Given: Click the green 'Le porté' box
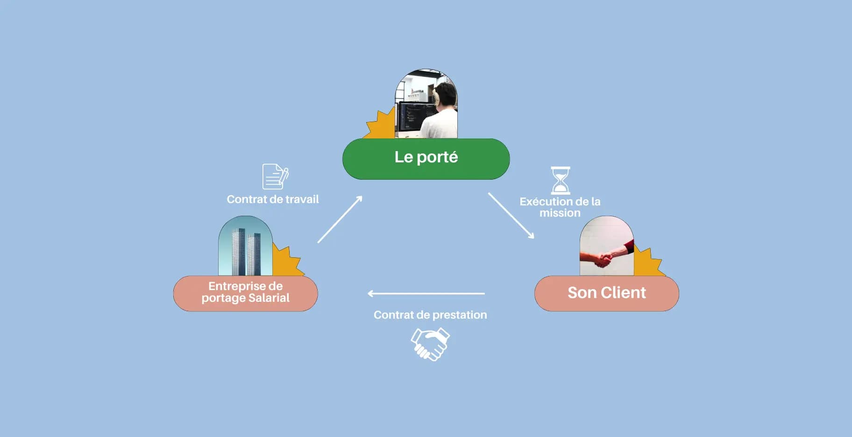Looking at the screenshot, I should [426, 159].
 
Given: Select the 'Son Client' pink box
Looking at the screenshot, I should [606, 293].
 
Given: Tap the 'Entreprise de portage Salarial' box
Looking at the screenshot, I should [245, 293].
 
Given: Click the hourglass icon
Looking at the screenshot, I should [560, 180].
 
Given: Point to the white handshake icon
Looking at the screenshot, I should [430, 344].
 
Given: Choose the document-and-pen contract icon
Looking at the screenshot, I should [275, 176].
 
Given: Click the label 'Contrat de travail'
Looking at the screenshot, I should [273, 199].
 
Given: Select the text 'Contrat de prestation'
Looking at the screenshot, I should [430, 315].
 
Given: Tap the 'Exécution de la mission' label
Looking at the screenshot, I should [560, 207].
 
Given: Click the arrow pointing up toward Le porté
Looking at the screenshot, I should [340, 219].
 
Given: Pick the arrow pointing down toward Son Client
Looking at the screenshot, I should [511, 216].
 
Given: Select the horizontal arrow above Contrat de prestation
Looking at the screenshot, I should [426, 294].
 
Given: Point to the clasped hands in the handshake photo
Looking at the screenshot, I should [603, 259].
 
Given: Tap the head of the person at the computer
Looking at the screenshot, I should [444, 94].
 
